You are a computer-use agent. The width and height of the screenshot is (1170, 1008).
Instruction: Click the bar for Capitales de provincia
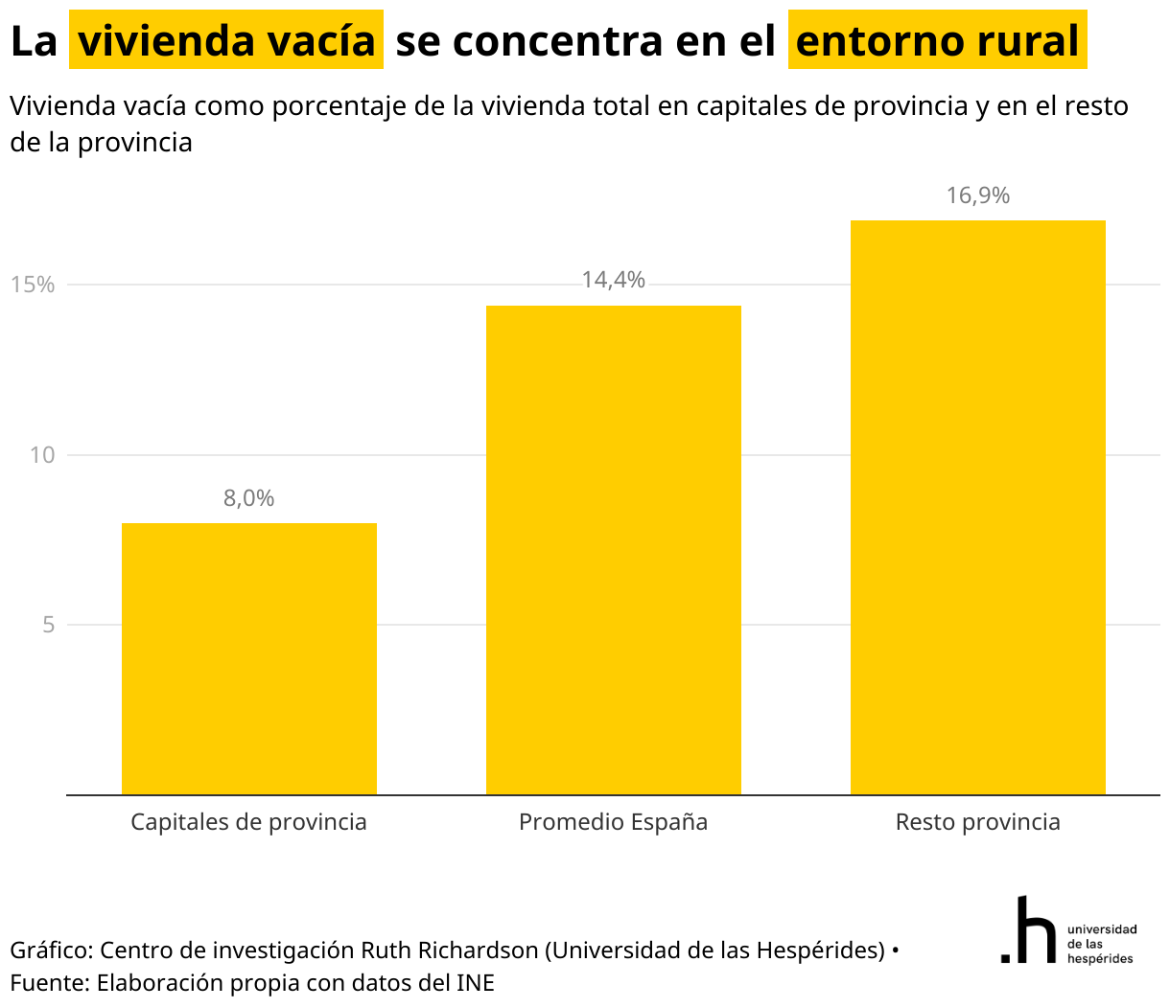click(249, 658)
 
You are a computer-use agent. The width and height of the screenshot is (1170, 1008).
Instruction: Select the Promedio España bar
click(614, 550)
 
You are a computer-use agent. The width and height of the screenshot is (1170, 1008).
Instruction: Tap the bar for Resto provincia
click(977, 508)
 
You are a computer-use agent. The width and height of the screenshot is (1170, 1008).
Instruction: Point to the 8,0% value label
click(249, 498)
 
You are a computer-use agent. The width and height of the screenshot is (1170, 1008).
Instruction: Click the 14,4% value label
click(614, 280)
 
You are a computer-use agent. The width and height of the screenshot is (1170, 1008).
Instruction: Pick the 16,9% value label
click(978, 195)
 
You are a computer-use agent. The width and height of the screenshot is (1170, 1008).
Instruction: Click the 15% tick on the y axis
click(33, 285)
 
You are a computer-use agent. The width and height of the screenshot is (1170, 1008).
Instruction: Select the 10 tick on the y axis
click(42, 455)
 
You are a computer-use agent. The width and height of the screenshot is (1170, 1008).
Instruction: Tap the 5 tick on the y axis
click(49, 625)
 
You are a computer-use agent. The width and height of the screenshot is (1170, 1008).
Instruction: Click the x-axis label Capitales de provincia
click(249, 822)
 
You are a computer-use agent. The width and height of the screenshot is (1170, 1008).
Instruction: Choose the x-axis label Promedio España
click(614, 822)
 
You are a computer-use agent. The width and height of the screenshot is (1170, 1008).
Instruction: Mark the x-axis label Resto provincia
click(977, 822)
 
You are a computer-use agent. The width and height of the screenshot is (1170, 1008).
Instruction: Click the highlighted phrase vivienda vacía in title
click(226, 40)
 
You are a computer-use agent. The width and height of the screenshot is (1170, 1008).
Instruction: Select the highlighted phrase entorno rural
click(937, 40)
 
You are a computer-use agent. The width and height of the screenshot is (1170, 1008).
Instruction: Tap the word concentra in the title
click(557, 41)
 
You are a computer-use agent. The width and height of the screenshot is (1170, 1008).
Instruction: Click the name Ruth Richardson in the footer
click(450, 951)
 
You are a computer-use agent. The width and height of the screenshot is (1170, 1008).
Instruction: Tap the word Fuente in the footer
click(49, 983)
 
